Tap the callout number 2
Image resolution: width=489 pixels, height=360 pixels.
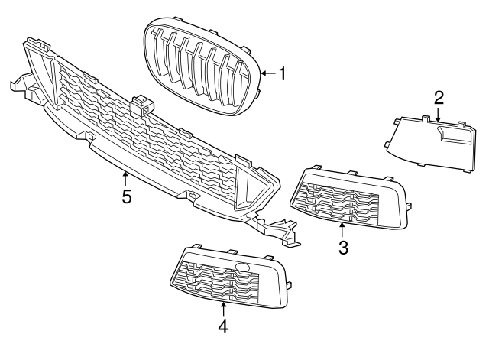(439, 97)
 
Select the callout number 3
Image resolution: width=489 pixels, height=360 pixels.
(343, 247)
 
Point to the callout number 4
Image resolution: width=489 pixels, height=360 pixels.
(223, 326)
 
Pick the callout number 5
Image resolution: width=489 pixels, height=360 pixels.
(127, 196)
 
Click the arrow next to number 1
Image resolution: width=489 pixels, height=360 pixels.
(266, 74)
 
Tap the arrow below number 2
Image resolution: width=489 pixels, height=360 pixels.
(439, 115)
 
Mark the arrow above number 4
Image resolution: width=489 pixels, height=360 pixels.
(223, 308)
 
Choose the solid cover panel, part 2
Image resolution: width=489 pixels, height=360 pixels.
(428, 141)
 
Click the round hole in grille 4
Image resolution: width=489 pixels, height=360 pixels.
(243, 268)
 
